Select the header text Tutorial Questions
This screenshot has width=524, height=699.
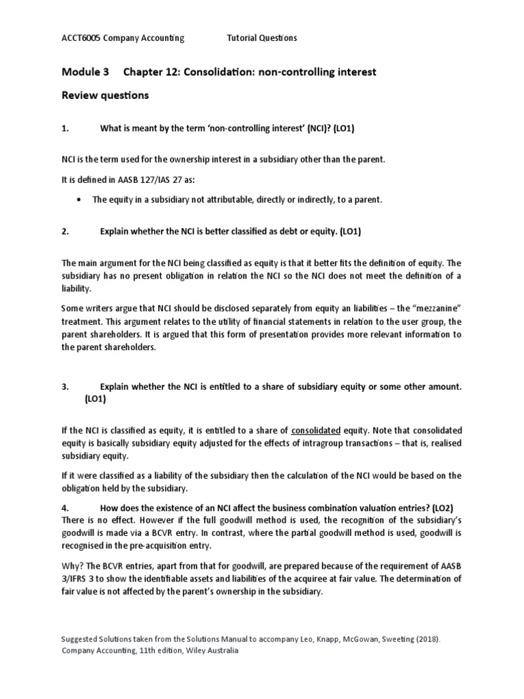(x=261, y=38)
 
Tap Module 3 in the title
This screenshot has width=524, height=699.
(x=85, y=72)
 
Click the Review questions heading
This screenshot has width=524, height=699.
(x=105, y=96)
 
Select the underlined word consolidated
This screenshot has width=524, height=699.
(x=316, y=431)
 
